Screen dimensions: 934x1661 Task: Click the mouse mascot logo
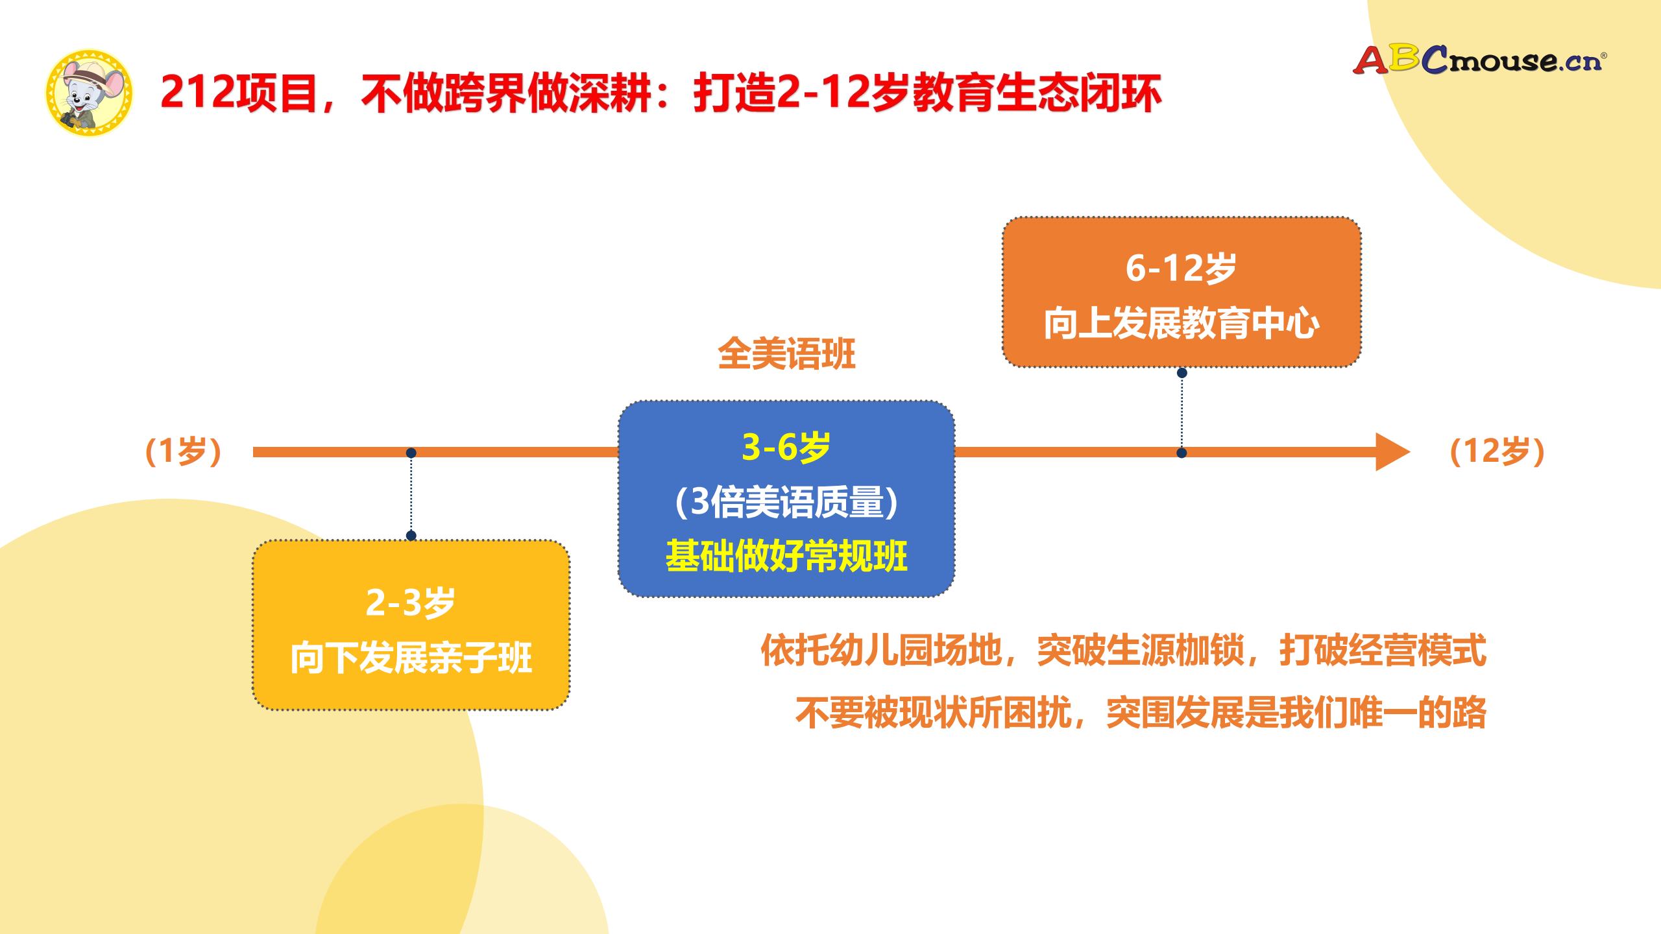click(89, 93)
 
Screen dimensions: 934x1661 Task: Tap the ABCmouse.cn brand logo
click(1479, 60)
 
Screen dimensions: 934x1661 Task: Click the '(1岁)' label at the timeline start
click(184, 451)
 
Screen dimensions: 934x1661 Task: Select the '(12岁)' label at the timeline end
click(1497, 451)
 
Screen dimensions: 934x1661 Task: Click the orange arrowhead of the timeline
click(1391, 452)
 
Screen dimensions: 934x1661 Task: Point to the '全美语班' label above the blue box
click(786, 354)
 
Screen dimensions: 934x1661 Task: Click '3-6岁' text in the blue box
click(786, 448)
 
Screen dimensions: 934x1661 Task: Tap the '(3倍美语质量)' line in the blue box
click(786, 502)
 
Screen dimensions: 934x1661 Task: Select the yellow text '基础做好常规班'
click(786, 557)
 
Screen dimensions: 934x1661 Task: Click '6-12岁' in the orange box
click(1181, 269)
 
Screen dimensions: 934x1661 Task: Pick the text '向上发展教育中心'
click(1181, 323)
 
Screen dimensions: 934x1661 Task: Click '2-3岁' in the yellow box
click(410, 603)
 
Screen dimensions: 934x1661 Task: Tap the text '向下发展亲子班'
click(411, 658)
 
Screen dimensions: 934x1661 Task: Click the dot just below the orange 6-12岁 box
click(1182, 373)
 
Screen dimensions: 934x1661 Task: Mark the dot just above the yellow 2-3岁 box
click(411, 535)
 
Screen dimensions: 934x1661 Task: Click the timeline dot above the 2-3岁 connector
click(411, 453)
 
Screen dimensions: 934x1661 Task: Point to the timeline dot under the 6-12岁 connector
click(1182, 453)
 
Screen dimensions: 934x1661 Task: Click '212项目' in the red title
click(237, 93)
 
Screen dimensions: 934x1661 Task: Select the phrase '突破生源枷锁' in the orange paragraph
click(1141, 651)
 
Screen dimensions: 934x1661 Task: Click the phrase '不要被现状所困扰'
click(933, 713)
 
